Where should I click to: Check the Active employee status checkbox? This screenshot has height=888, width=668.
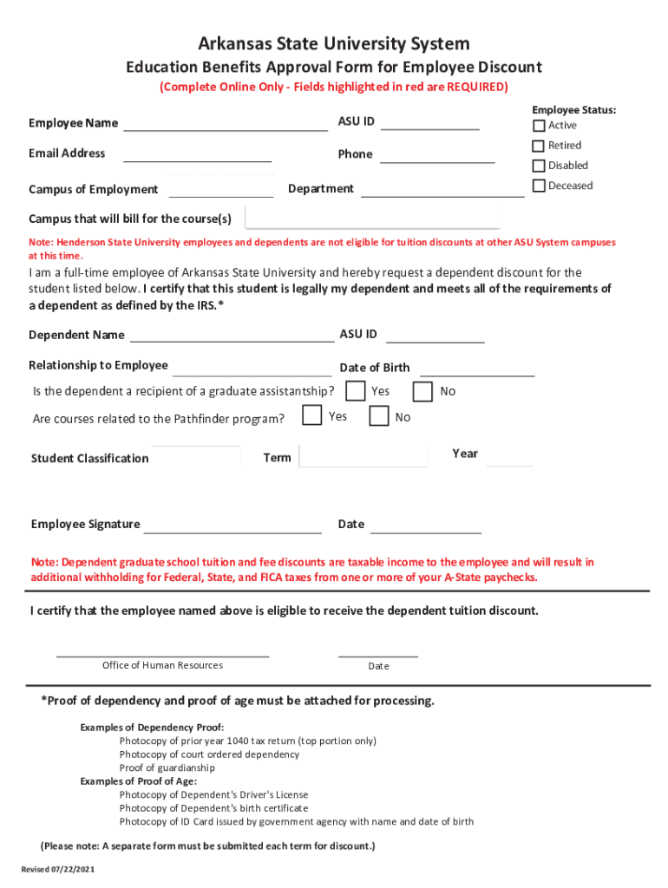pyautogui.click(x=539, y=126)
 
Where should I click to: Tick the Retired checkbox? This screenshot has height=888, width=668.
pyautogui.click(x=539, y=146)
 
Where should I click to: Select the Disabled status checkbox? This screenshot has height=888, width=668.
pyautogui.click(x=539, y=166)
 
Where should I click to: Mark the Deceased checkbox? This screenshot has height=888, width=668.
pyautogui.click(x=539, y=186)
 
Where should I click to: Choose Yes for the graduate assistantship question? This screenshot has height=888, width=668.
pyautogui.click(x=355, y=391)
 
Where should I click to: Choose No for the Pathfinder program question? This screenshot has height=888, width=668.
pyautogui.click(x=379, y=417)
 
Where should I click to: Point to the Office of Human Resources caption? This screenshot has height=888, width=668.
pyautogui.click(x=162, y=665)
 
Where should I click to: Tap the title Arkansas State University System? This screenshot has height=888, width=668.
pyautogui.click(x=334, y=43)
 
